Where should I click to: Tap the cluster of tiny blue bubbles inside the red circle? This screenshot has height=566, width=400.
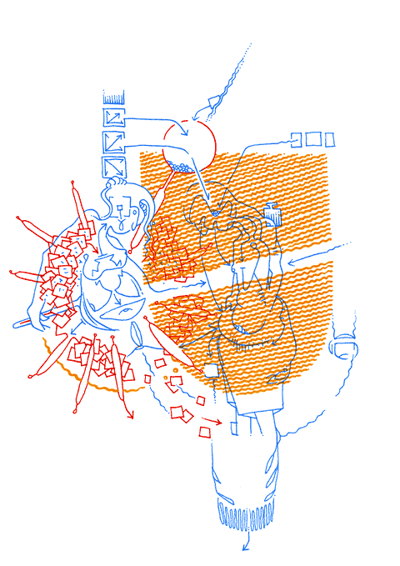point(182,168)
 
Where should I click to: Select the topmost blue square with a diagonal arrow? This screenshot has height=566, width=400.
point(112,116)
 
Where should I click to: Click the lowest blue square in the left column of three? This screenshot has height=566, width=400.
point(112,166)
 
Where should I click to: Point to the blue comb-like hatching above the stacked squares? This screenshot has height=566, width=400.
point(112,96)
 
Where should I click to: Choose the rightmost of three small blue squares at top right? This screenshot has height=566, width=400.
point(330,138)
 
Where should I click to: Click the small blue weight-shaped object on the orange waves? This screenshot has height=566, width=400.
point(272,214)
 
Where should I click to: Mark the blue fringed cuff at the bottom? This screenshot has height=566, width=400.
point(247,514)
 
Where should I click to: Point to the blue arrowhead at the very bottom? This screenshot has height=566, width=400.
point(245,548)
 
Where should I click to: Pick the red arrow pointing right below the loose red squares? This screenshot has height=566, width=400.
point(214,423)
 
